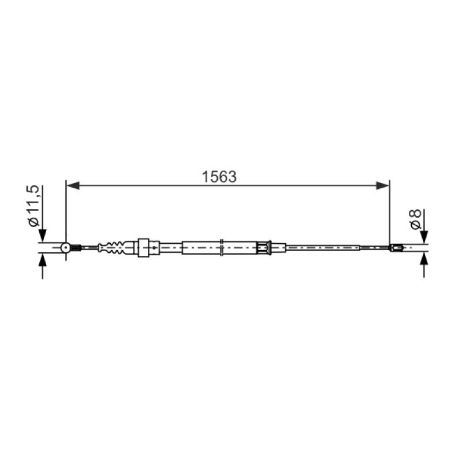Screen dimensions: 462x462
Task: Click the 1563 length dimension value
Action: click(x=219, y=177)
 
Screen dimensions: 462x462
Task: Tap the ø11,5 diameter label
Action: click(x=33, y=206)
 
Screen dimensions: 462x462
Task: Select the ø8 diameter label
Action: click(x=415, y=219)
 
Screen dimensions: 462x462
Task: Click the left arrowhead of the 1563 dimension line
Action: click(x=73, y=185)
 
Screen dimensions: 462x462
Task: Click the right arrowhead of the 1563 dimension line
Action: click(x=383, y=185)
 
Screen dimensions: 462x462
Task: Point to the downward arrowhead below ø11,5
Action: click(x=43, y=236)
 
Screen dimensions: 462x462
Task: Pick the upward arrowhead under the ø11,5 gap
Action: click(x=43, y=259)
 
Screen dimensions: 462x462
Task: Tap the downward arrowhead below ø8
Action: click(x=424, y=237)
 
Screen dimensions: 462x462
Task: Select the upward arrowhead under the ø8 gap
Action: click(x=424, y=259)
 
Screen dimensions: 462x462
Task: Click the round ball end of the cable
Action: click(x=65, y=248)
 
